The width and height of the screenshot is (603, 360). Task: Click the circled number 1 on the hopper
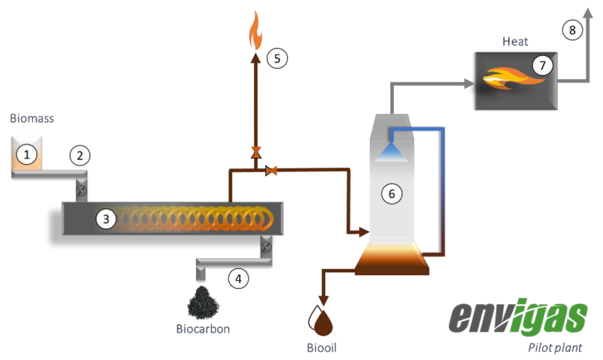pos(27,155)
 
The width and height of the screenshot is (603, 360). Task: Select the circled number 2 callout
pos(80,156)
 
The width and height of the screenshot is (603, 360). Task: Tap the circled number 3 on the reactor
pos(106,219)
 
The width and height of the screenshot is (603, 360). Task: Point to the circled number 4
pos(238,279)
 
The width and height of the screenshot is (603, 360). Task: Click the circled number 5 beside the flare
pos(277,58)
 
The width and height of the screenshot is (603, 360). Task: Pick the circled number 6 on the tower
pos(392,194)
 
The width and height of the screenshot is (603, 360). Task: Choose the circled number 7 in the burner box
pos(543,65)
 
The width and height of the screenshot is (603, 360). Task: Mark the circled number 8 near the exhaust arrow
pos(572,30)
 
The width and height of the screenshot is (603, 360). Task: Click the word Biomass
pos(32,119)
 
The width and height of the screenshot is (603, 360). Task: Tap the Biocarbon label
pos(203,329)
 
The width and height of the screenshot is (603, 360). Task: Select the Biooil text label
pos(322,348)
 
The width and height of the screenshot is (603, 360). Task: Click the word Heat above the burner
pos(515,42)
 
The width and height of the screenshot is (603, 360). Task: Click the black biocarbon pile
pos(203,303)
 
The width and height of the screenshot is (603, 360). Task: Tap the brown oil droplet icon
pos(323,323)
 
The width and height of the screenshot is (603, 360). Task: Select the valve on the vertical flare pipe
pos(256,153)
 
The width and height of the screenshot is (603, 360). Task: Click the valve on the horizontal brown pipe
pos(271,171)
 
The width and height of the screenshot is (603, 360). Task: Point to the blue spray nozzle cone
pos(391,152)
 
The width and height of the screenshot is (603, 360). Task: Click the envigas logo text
pos(518,318)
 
